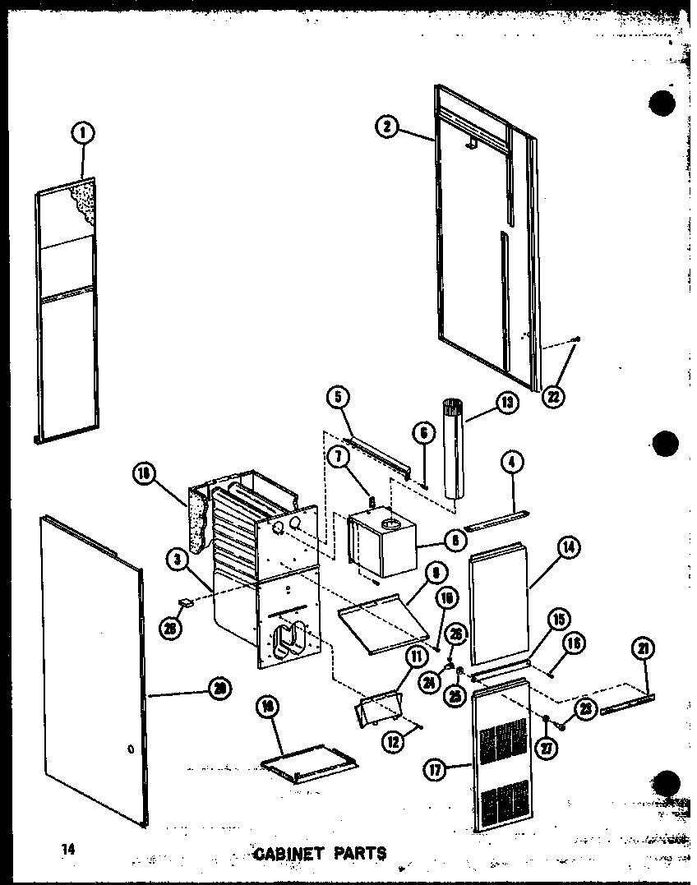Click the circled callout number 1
tap(83, 132)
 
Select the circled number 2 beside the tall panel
tap(387, 127)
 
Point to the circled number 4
tap(512, 463)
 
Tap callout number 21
tap(643, 649)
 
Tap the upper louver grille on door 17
tap(503, 741)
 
